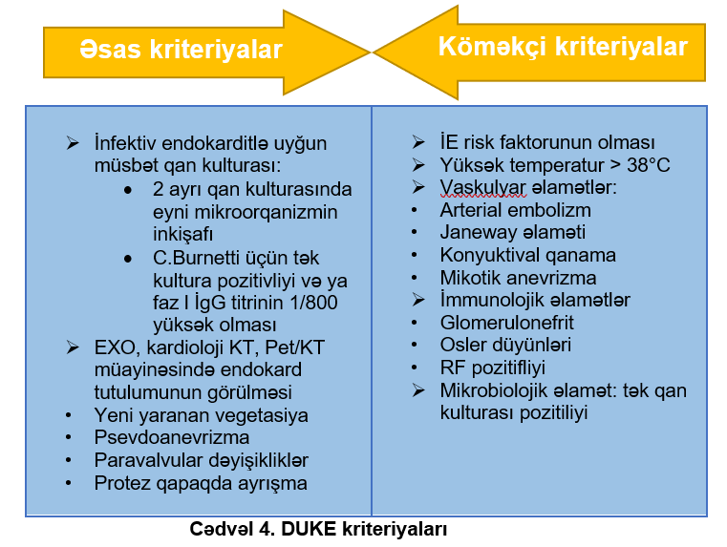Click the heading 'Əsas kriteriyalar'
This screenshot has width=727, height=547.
tap(181, 49)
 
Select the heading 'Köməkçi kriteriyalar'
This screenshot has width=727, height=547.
tap(563, 47)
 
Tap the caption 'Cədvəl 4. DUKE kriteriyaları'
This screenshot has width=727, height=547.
tap(318, 529)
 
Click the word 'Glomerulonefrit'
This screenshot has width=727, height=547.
tap(506, 323)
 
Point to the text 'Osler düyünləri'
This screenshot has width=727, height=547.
tap(505, 345)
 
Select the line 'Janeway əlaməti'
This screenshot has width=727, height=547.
tap(512, 232)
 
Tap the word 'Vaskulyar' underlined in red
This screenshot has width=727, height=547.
tap(483, 187)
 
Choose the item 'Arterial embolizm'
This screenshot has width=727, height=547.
tap(515, 210)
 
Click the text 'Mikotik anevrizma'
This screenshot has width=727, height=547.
tap(518, 278)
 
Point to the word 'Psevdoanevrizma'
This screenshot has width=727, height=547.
tap(172, 437)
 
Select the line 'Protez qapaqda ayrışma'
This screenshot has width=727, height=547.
tap(201, 483)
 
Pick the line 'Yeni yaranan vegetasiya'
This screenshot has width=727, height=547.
tap(202, 415)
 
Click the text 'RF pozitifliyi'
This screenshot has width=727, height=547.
tap(492, 368)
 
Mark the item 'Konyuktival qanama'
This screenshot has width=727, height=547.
tap(527, 255)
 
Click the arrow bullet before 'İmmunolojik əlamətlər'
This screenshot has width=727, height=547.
tap(418, 300)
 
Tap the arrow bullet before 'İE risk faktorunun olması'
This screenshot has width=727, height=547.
tap(418, 142)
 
